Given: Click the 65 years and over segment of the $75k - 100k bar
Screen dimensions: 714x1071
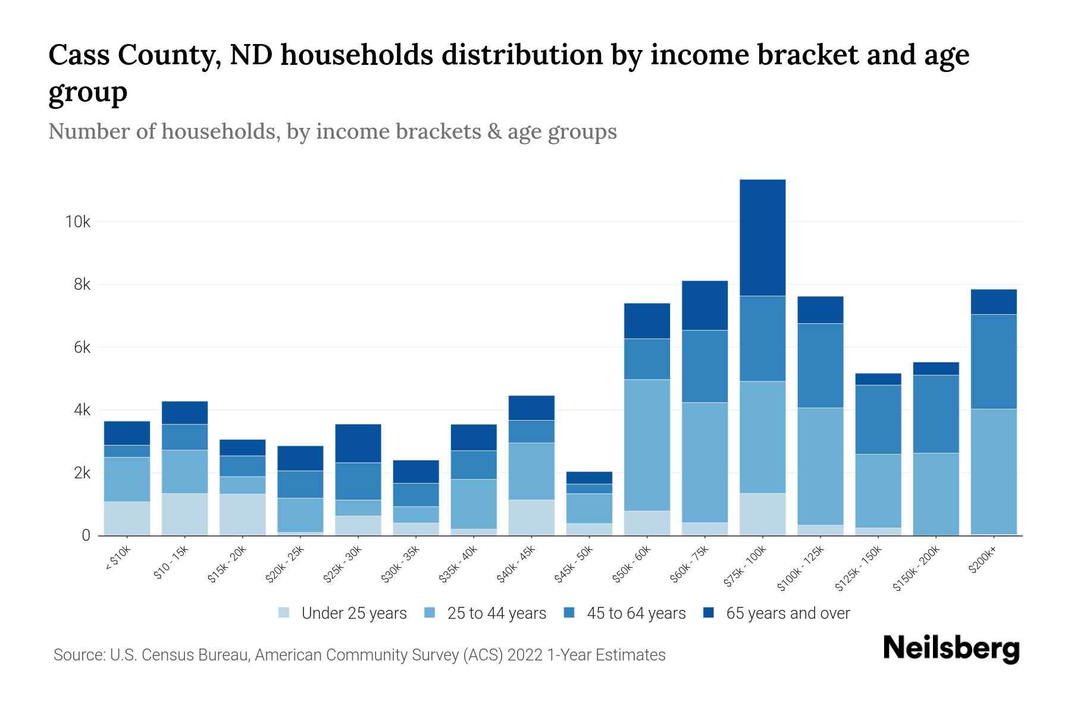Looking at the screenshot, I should [762, 237].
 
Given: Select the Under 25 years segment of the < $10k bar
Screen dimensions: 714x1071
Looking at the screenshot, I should [127, 518].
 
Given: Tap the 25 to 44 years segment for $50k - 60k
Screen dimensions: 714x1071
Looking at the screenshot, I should [647, 445].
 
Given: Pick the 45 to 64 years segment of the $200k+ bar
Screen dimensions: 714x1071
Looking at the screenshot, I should [993, 362].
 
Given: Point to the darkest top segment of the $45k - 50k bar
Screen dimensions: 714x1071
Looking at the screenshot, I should [589, 478].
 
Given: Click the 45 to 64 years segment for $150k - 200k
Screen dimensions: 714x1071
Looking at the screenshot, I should [935, 414].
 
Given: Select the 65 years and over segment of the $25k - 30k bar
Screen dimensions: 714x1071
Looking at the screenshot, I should [358, 443].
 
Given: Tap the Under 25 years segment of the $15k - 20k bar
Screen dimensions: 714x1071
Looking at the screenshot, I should [242, 515].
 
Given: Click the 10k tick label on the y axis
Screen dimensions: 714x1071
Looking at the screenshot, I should [78, 222].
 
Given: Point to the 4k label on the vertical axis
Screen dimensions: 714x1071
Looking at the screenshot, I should [82, 411].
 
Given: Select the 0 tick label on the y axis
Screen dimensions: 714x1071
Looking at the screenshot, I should [86, 535].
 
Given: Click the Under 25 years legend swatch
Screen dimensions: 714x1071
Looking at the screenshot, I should [284, 613].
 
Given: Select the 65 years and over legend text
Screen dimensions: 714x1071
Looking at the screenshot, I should [788, 613].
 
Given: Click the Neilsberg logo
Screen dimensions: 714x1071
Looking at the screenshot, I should [951, 649].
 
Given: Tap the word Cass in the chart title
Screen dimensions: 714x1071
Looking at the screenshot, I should [80, 55].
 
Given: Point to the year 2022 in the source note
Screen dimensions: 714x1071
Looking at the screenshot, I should [525, 655].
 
